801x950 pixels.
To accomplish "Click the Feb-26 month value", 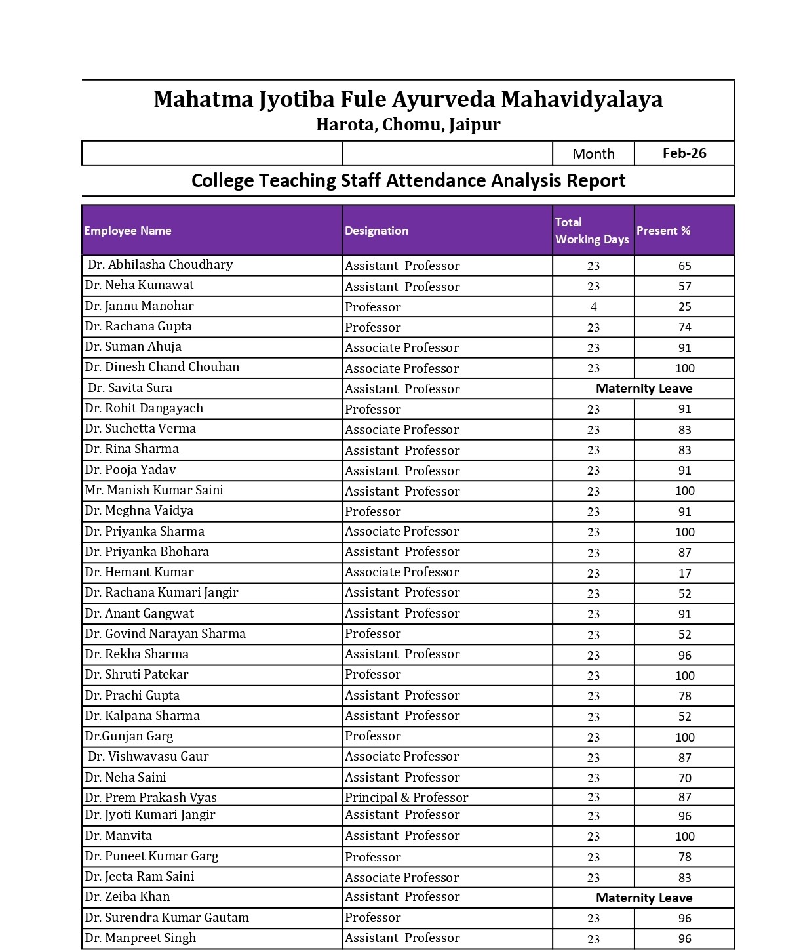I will pyautogui.click(x=684, y=153).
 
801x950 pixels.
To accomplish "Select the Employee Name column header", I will pyautogui.click(x=128, y=231).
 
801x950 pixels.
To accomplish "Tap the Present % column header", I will pyautogui.click(x=663, y=231).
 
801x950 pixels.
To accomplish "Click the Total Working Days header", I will pyautogui.click(x=592, y=231).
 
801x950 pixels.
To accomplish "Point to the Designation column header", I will pyautogui.click(x=377, y=231).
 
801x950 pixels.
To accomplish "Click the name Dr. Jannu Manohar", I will pyautogui.click(x=139, y=306).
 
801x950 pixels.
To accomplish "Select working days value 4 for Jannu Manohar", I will pyautogui.click(x=593, y=307).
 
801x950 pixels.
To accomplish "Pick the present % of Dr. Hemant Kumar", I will pyautogui.click(x=684, y=574).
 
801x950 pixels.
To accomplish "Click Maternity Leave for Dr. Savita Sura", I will pyautogui.click(x=644, y=389).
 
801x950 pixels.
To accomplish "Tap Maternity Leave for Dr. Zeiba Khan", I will pyautogui.click(x=644, y=898).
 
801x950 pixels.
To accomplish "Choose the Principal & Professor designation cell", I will pyautogui.click(x=406, y=798).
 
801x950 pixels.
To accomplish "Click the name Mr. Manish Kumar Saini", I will pyautogui.click(x=154, y=490).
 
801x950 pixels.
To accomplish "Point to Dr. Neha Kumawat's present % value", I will pyautogui.click(x=684, y=287).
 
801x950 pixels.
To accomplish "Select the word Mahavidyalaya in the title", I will pyautogui.click(x=582, y=100).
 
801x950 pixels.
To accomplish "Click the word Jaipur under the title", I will pyautogui.click(x=475, y=125).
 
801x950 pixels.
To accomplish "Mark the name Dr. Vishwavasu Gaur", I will pyautogui.click(x=148, y=757).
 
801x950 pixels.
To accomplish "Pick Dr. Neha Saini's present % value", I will pyautogui.click(x=684, y=778).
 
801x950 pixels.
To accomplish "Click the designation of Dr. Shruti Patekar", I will pyautogui.click(x=373, y=675).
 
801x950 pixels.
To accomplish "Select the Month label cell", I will pyautogui.click(x=593, y=154).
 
